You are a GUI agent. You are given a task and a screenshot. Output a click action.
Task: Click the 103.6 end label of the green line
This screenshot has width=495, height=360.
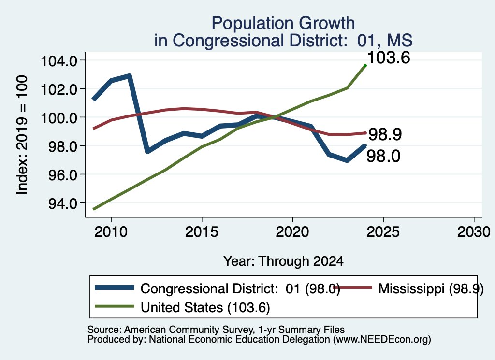(389, 58)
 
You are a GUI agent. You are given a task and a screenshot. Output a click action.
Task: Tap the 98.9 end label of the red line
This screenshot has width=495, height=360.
(385, 134)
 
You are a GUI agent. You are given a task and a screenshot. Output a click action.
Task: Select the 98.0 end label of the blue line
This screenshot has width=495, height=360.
(383, 156)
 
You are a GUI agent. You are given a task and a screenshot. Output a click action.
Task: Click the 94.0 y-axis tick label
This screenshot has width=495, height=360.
(62, 203)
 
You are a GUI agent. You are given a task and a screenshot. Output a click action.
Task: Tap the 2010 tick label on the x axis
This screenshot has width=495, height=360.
(111, 232)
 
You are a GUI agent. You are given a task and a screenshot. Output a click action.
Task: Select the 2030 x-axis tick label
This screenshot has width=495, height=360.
(474, 232)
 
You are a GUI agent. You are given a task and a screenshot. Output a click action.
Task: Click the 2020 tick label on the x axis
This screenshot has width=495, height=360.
(292, 232)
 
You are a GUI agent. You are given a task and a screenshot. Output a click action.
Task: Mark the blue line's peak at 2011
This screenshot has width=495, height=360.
(129, 76)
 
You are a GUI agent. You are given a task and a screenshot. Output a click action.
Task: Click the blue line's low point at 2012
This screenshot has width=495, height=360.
(147, 152)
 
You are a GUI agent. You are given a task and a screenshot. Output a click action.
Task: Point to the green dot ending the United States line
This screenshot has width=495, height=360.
(365, 66)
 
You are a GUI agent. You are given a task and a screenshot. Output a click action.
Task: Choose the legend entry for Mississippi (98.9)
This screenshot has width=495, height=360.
(408, 288)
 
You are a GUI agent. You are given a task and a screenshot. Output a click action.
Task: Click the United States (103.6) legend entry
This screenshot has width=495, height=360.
(182, 307)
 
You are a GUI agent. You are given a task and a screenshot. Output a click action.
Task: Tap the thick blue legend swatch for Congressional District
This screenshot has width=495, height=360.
(115, 288)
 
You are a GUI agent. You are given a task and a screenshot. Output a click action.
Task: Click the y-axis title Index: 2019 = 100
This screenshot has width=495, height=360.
(22, 135)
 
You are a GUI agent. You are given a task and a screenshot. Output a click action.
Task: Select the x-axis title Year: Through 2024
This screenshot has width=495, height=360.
(283, 261)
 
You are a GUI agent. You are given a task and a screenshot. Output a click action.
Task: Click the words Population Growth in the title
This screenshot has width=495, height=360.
(283, 23)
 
